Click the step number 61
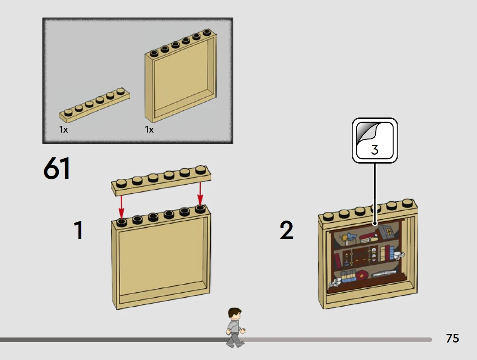[x=57, y=168]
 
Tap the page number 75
[x=452, y=338]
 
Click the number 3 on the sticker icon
[x=375, y=150]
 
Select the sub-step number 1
[x=79, y=230]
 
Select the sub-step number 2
[x=287, y=230]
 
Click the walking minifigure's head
[x=235, y=314]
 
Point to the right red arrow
[x=200, y=194]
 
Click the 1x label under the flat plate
[x=63, y=130]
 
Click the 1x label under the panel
[x=149, y=130]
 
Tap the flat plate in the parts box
[x=95, y=104]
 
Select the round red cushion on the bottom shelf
[x=362, y=275]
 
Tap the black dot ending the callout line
[x=375, y=223]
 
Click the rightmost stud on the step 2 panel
[x=408, y=203]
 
